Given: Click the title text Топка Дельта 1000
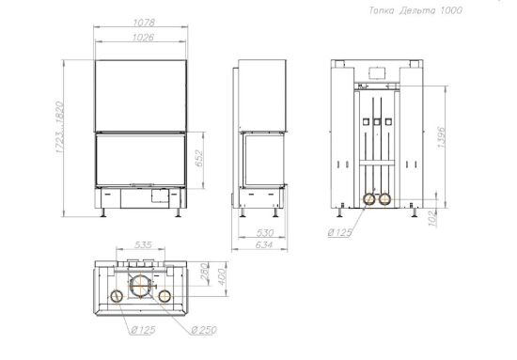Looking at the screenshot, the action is [x=415, y=10].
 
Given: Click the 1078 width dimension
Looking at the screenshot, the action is [x=144, y=23].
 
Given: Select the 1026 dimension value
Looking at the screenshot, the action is [x=143, y=38].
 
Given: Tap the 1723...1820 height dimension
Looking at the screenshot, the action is [x=59, y=127].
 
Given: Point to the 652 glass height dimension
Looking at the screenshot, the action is [x=199, y=158].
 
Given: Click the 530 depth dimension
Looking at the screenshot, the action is [x=265, y=233].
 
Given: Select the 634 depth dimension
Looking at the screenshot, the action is [x=264, y=244].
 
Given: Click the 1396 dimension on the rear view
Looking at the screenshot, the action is [x=442, y=137].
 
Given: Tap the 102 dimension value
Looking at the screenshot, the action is [x=433, y=219].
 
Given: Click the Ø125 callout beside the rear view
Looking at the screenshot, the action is [x=340, y=232].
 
